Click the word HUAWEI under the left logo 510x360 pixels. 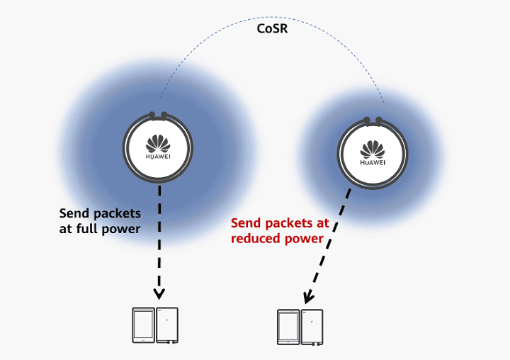[x=158, y=154]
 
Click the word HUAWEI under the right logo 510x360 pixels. [x=373, y=162]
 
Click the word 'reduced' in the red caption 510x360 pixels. [x=258, y=239]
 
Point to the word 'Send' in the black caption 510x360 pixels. [x=76, y=213]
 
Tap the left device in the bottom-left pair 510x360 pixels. [x=143, y=325]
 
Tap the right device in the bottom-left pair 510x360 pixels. [x=167, y=325]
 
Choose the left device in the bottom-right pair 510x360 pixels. [x=288, y=327]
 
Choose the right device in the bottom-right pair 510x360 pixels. [x=312, y=327]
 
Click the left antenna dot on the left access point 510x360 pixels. [x=151, y=113]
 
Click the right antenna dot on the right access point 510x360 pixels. [x=380, y=120]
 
